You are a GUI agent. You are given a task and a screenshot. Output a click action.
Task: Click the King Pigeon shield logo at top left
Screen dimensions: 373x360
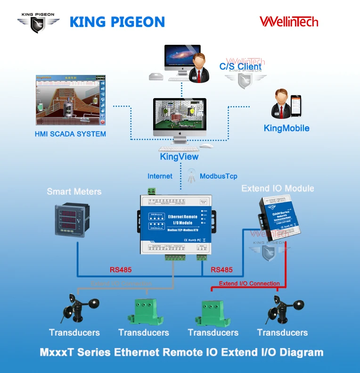pyautogui.click(x=39, y=23)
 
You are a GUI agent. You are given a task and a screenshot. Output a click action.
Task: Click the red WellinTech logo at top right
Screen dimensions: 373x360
pyautogui.click(x=289, y=21)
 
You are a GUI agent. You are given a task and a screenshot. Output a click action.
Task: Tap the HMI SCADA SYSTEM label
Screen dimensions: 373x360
pyautogui.click(x=70, y=134)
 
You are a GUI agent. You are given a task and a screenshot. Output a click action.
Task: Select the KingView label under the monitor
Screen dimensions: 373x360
pyautogui.click(x=179, y=157)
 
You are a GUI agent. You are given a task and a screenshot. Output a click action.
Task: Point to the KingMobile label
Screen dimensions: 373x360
pyautogui.click(x=286, y=128)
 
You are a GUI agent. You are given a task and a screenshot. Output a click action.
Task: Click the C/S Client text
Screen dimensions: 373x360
pyautogui.click(x=240, y=67)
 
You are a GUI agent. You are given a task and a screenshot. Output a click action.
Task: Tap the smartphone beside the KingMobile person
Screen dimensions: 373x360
pyautogui.click(x=295, y=106)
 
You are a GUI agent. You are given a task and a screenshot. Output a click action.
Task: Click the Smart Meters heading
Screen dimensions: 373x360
pyautogui.click(x=74, y=191)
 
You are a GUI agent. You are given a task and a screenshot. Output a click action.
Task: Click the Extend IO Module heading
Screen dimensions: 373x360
pyautogui.click(x=278, y=188)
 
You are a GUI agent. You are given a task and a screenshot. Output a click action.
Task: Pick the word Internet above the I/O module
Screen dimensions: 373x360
pyautogui.click(x=160, y=176)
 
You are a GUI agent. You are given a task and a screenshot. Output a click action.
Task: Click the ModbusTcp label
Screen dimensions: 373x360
pyautogui.click(x=218, y=176)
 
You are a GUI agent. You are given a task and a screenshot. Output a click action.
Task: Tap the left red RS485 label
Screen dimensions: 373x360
pyautogui.click(x=121, y=270)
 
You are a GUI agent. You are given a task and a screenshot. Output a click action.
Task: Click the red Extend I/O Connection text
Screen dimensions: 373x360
pyautogui.click(x=249, y=283)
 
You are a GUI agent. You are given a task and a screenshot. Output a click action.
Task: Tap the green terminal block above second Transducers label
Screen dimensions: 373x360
pyautogui.click(x=143, y=311)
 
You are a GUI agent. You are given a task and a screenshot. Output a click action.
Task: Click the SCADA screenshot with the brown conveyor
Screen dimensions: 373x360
pyautogui.click(x=70, y=100)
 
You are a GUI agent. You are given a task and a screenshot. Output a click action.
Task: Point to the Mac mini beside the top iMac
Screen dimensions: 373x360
pyautogui.click(x=155, y=75)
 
